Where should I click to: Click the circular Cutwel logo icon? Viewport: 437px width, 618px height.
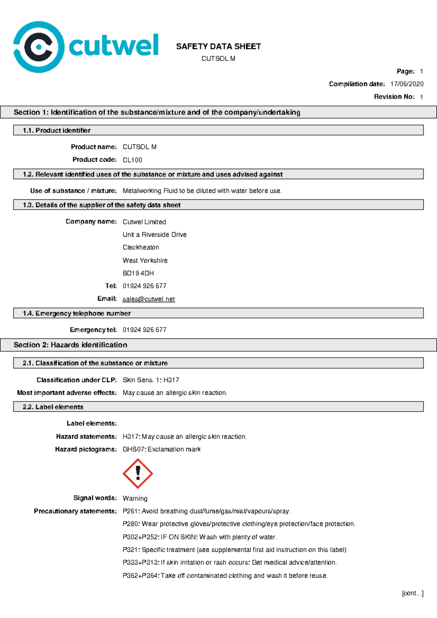(38, 47)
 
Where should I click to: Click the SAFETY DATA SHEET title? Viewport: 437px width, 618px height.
(219, 47)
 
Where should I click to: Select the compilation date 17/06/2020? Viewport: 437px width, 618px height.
(407, 84)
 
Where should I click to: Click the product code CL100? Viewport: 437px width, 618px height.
(132, 160)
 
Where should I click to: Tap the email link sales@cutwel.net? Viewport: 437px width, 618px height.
(149, 299)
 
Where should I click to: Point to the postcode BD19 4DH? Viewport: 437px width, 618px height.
(138, 273)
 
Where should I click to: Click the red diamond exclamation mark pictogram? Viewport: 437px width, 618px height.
(138, 474)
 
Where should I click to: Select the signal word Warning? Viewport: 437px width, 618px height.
(135, 498)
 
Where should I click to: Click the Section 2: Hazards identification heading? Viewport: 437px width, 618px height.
(70, 345)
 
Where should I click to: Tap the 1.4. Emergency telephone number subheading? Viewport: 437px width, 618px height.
(76, 313)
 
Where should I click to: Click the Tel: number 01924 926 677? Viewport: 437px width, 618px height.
(144, 286)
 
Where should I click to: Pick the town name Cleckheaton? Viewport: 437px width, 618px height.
(141, 247)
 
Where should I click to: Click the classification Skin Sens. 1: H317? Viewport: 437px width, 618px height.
(151, 380)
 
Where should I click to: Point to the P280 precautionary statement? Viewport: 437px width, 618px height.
(239, 524)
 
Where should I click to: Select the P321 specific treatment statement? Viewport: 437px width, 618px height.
(234, 550)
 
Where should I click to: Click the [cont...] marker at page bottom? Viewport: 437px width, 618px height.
(412, 593)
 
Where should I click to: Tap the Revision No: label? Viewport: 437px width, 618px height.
(394, 97)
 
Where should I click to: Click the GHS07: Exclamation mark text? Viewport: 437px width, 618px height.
(161, 449)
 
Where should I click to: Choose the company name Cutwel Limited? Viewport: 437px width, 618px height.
(144, 222)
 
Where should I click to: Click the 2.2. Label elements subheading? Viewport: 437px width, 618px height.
(53, 407)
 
